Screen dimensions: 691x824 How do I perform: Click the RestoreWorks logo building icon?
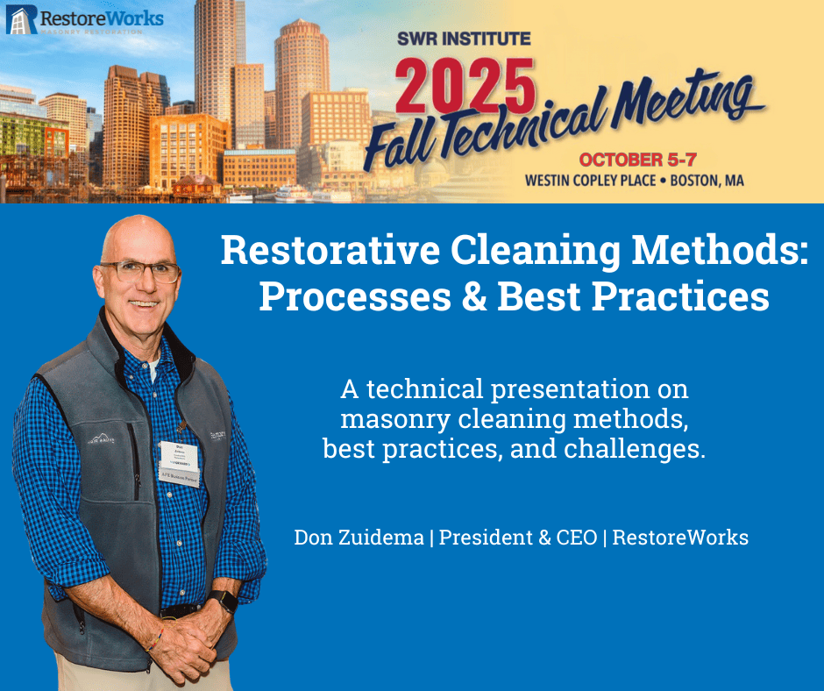coord(21,19)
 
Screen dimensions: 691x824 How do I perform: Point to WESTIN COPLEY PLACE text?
coord(590,181)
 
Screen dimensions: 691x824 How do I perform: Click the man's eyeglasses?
coord(140,271)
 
